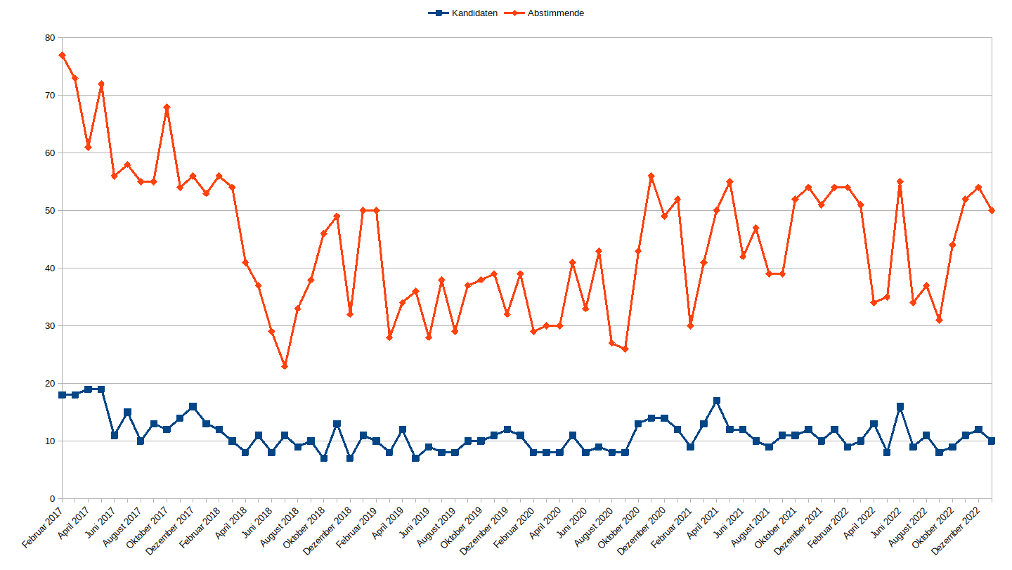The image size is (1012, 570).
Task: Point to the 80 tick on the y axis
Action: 49,38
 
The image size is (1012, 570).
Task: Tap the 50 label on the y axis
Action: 49,211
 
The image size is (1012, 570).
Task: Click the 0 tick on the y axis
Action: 52,499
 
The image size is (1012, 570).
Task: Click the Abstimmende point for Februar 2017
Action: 62,55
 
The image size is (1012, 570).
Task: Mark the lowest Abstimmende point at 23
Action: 285,366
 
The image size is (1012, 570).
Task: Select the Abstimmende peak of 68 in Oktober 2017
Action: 167,107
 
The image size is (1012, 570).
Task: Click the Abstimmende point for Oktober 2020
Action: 638,251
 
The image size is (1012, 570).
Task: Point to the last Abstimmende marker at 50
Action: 992,210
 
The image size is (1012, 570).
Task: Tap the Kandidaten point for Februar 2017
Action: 62,395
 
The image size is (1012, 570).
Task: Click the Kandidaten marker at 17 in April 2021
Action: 717,401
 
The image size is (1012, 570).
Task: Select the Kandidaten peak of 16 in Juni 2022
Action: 900,407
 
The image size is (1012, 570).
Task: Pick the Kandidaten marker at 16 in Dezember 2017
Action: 193,407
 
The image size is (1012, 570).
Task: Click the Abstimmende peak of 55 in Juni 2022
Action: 900,181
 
